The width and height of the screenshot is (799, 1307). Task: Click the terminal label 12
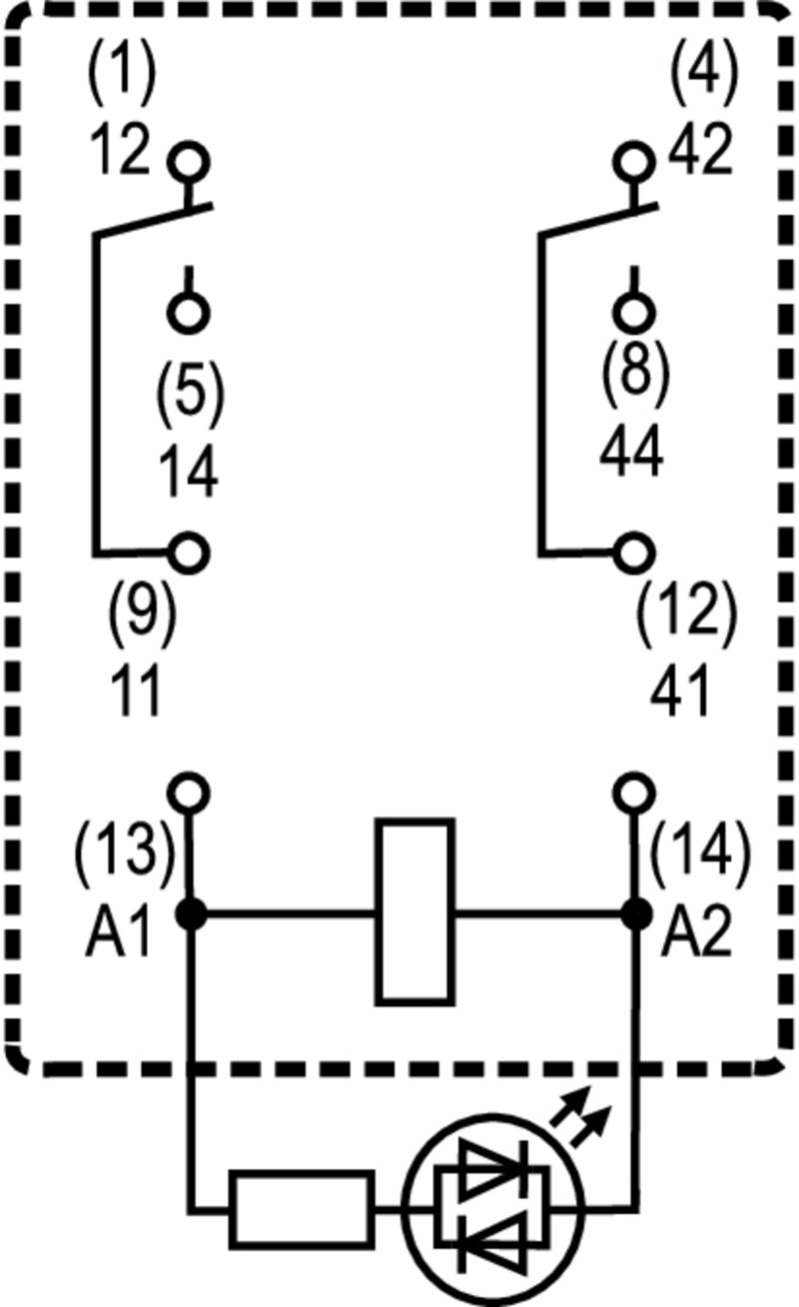pyautogui.click(x=119, y=153)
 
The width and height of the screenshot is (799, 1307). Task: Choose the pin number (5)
pyautogui.click(x=190, y=392)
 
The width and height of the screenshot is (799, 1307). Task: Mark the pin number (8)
pyautogui.click(x=634, y=371)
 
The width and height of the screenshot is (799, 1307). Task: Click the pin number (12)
pyautogui.click(x=686, y=612)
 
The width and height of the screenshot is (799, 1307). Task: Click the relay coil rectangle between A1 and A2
pyautogui.click(x=414, y=910)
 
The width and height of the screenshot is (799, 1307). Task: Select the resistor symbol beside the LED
pyautogui.click(x=302, y=1209)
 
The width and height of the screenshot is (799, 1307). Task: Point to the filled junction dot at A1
pyautogui.click(x=190, y=912)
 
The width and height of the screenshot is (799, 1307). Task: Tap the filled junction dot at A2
pyautogui.click(x=632, y=912)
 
